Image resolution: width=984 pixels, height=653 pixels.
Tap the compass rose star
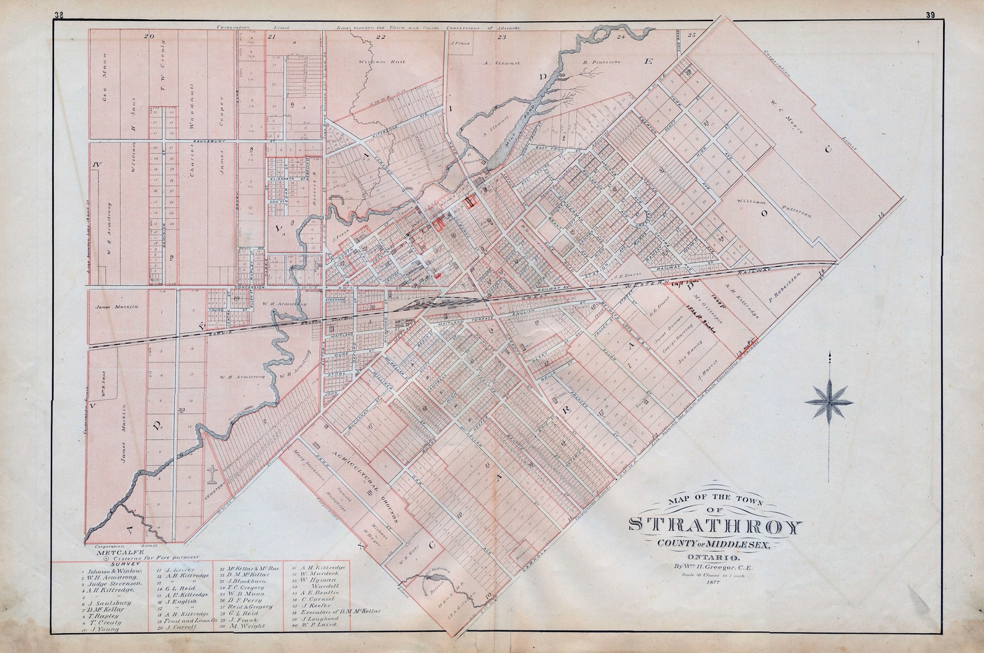(829, 401)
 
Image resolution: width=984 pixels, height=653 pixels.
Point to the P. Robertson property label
(786, 287)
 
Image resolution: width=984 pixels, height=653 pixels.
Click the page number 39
(930, 15)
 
